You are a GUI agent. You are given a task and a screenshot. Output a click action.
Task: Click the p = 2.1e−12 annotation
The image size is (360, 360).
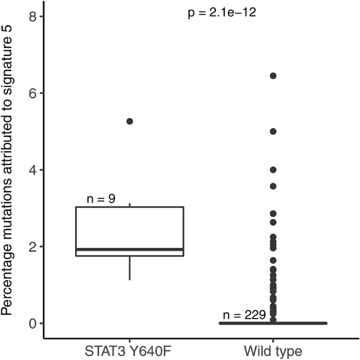pos(222,13)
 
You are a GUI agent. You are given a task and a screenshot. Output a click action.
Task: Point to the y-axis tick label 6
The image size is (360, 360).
pos(32,93)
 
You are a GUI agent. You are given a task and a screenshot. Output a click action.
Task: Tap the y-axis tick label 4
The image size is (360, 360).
pos(32,170)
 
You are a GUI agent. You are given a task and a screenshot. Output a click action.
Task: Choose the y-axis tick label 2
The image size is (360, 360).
pos(32,246)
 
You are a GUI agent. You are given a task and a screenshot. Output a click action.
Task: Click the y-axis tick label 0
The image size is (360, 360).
pos(32,323)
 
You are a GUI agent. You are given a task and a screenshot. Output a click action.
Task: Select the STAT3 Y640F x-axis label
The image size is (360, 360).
pos(129,349)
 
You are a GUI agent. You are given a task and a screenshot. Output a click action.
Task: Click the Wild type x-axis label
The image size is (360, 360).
pos(273,349)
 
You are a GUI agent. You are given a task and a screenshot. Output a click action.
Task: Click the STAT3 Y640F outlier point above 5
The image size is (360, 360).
pos(129,121)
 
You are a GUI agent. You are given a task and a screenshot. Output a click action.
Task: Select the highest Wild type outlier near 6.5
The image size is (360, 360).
pos(273,76)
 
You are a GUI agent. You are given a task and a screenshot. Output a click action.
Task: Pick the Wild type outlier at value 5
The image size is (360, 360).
pos(273,131)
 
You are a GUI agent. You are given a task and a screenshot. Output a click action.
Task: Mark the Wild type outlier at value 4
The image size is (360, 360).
pos(273,170)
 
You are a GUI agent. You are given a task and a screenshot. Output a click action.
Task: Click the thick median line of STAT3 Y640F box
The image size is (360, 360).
pos(129,249)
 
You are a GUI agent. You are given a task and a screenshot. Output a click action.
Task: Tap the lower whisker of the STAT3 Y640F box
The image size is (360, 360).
pos(129,268)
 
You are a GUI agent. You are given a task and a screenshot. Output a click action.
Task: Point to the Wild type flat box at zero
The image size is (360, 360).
pos(273,323)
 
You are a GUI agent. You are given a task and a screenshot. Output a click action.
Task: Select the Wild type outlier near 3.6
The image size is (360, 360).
pos(273,186)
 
